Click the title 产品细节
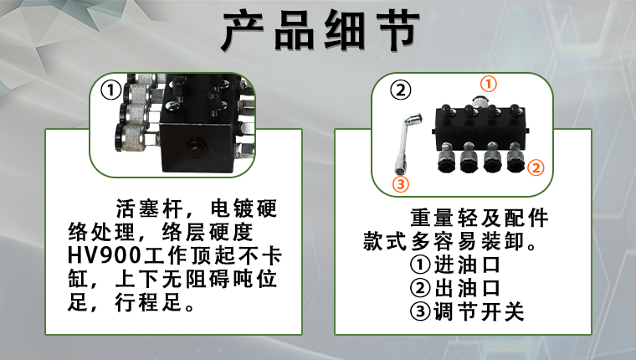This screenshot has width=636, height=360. coord(321,31)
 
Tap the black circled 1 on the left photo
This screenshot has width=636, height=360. coord(110,90)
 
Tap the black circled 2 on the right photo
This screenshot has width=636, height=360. coord(400,90)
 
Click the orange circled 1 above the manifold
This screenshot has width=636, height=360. coord(489,84)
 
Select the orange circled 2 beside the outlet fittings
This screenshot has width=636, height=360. coord(536,167)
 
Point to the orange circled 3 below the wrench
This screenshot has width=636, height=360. coord(401,184)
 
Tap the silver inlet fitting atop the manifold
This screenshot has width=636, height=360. coord(479,103)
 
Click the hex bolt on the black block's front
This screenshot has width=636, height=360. coord(197,149)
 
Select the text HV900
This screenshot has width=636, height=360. coord(105,255)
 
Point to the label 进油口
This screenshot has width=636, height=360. coord(467,265)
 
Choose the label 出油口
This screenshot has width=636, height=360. coord(467,288)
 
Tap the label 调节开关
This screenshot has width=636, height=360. coord(479,311)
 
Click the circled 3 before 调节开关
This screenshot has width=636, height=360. coord(420,311)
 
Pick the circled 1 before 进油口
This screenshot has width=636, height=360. coord(420,265)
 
